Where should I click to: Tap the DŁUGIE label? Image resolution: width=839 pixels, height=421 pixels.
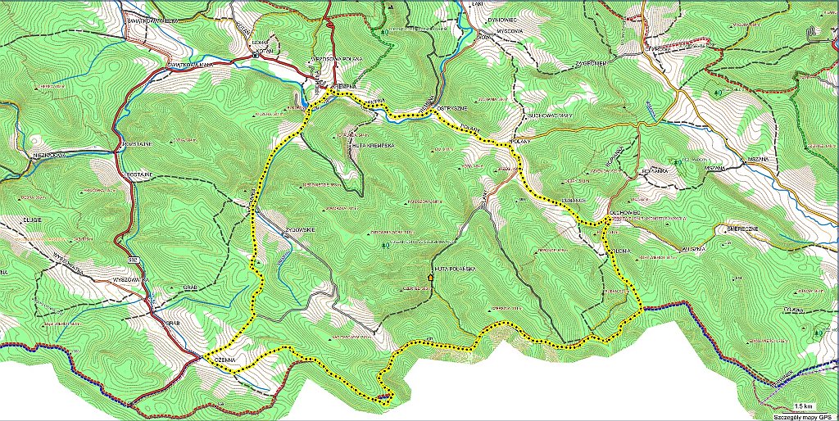pyautogui.click(x=30, y=220)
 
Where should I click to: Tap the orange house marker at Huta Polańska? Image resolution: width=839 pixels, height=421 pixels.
pyautogui.click(x=431, y=278)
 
